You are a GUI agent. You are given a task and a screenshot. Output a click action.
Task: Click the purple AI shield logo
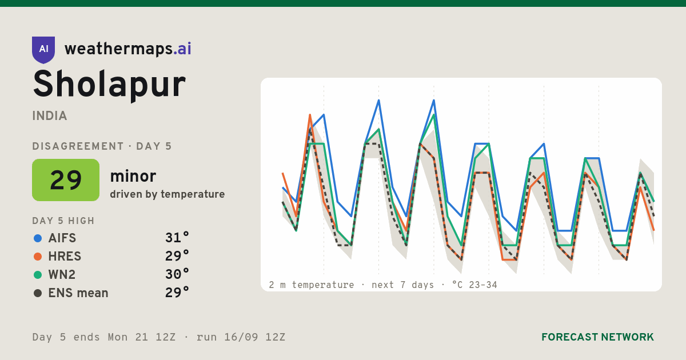[43, 50]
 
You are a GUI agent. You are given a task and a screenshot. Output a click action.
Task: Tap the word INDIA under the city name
[50, 116]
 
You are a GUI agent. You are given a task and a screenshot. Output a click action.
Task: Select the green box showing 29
[66, 180]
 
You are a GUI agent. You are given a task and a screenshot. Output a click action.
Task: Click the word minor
[133, 177]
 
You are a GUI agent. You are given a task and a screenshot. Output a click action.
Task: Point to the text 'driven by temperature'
[167, 194]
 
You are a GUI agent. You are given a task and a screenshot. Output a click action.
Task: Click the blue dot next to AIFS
[38, 238]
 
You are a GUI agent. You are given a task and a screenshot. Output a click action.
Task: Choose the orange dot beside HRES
[38, 257]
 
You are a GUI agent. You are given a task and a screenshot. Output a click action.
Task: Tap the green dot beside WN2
[38, 275]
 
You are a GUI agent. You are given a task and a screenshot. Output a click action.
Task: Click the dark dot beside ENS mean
[38, 293]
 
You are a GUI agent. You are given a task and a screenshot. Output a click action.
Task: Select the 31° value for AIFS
[177, 238]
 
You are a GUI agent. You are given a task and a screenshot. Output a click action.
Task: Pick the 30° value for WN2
[177, 274]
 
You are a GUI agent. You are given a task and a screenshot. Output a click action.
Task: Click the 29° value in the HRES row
[177, 256]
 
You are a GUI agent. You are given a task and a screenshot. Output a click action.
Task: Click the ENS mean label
[78, 293]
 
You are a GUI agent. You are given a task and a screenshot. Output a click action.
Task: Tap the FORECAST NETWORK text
[597, 337]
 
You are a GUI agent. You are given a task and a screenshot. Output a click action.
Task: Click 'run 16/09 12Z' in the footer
[241, 337]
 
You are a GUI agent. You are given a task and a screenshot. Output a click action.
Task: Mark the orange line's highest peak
[310, 115]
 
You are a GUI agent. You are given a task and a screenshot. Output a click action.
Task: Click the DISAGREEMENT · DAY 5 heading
[102, 146]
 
